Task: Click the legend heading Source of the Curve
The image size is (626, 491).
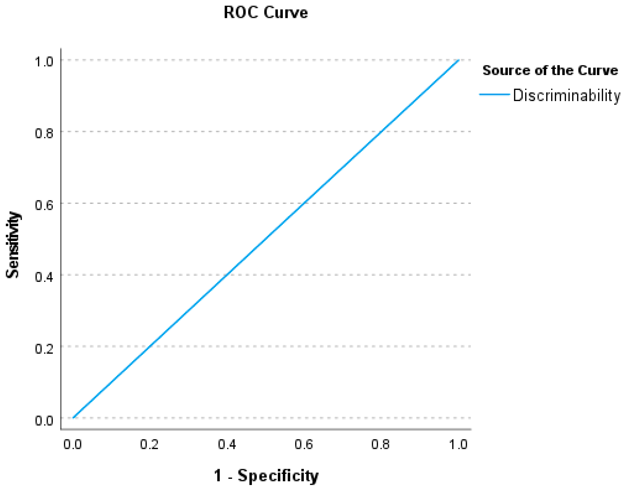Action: (550, 70)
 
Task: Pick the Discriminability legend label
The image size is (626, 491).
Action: (566, 95)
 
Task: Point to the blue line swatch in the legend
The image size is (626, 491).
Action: (494, 94)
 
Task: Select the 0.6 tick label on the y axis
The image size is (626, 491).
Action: (44, 205)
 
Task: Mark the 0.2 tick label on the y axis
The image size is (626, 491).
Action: (44, 348)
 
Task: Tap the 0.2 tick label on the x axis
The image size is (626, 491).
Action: (149, 444)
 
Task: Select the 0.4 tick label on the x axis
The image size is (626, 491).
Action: (227, 444)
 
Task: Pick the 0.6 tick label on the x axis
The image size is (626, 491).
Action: (304, 444)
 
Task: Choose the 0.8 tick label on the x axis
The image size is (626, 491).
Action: (380, 444)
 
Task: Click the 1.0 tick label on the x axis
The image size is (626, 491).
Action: (458, 444)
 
